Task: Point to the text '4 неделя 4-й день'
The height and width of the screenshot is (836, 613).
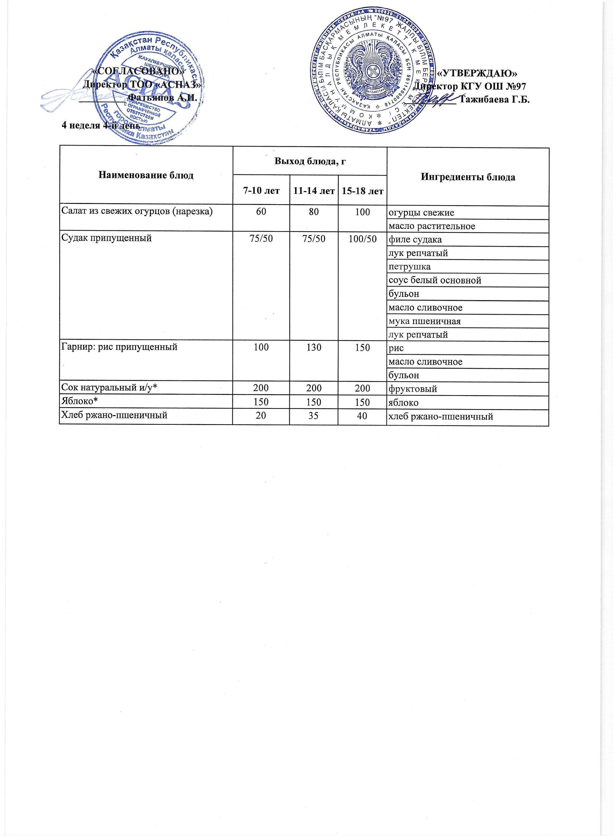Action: (100, 125)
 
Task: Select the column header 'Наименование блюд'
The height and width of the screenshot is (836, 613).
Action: (146, 175)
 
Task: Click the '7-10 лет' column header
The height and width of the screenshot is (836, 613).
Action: (261, 191)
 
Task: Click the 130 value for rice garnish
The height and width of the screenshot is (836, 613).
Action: (313, 347)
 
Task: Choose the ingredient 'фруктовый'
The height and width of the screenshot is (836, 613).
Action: (412, 389)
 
